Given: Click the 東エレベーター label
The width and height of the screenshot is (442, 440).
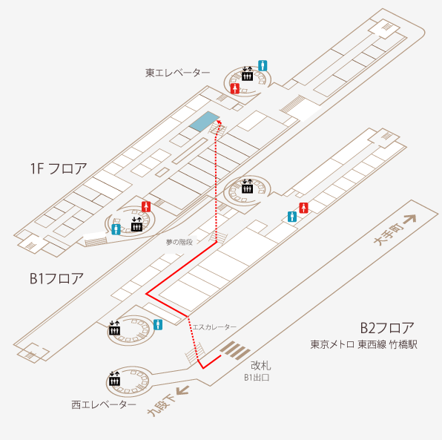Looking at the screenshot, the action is (177, 73).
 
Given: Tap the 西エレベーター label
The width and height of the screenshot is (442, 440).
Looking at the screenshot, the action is (104, 404).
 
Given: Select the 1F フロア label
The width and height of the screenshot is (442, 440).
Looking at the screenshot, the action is (59, 168).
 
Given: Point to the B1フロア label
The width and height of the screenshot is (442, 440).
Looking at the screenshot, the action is (56, 278).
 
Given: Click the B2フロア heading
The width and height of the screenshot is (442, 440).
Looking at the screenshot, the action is (387, 328).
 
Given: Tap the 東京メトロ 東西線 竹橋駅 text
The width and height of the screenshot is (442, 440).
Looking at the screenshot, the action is (363, 344).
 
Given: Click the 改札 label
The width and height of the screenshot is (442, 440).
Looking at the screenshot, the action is (261, 366).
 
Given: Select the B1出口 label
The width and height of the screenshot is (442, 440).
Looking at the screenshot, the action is (257, 378).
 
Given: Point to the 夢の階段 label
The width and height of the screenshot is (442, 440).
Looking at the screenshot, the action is (179, 242).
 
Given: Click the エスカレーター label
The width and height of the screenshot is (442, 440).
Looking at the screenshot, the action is (214, 327).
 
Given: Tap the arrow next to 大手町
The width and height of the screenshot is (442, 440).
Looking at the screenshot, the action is (410, 220).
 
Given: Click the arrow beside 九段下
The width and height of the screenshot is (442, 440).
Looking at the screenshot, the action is (182, 390).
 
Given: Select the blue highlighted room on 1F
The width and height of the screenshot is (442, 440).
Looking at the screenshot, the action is (204, 121).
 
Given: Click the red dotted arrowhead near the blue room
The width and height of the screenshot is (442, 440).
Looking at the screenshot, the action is (219, 122).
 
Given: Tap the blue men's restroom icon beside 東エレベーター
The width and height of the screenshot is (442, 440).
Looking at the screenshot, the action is (263, 66).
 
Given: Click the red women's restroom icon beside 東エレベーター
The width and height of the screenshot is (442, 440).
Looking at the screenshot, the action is (235, 88).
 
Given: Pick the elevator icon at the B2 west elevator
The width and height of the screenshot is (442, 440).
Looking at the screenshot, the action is (115, 379).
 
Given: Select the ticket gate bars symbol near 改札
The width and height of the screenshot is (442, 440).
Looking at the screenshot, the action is (235, 350).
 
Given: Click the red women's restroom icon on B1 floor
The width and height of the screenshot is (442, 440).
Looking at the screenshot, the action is (303, 208).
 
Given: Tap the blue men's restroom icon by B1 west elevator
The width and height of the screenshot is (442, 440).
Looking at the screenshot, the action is (158, 325).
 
